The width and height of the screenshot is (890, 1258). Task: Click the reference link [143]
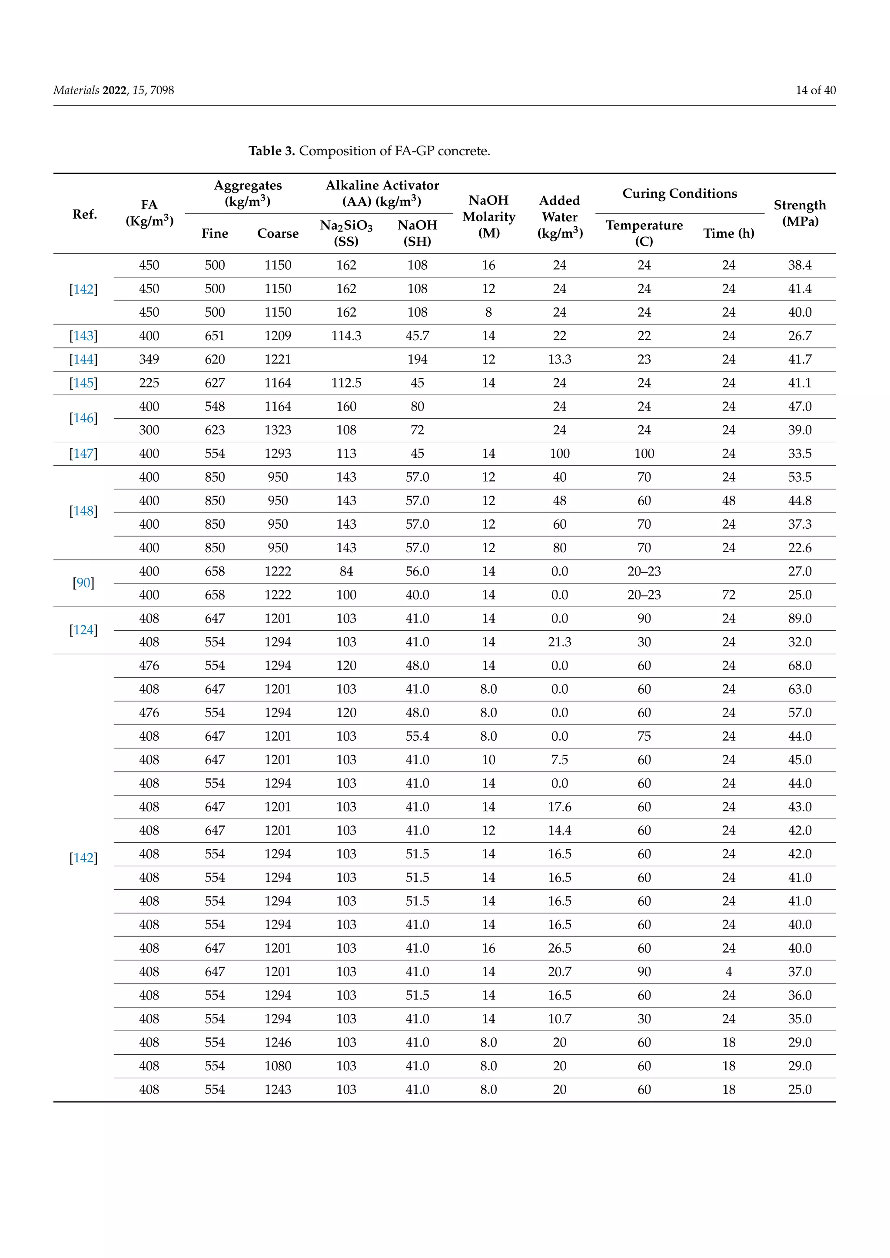pos(83,336)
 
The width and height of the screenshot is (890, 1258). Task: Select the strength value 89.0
pos(799,619)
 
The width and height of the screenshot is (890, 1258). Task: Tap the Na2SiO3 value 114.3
pos(346,336)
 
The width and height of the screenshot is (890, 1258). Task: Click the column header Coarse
pos(278,233)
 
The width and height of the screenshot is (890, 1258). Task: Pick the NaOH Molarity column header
pos(488,216)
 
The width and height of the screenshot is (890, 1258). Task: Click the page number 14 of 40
pos(815,90)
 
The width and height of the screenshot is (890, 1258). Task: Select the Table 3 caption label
pos(272,151)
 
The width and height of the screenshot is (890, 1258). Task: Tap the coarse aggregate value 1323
pos(278,430)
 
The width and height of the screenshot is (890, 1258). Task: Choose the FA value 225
pos(149,383)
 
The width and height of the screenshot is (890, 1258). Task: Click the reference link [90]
pos(83,583)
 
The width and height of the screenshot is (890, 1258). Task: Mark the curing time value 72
pos(728,595)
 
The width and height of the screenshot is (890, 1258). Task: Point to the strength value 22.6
pos(799,548)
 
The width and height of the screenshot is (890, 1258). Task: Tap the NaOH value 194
pos(417,359)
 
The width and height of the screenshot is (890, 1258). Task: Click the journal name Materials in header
pos(76,90)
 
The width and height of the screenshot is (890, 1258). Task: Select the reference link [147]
pos(83,454)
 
